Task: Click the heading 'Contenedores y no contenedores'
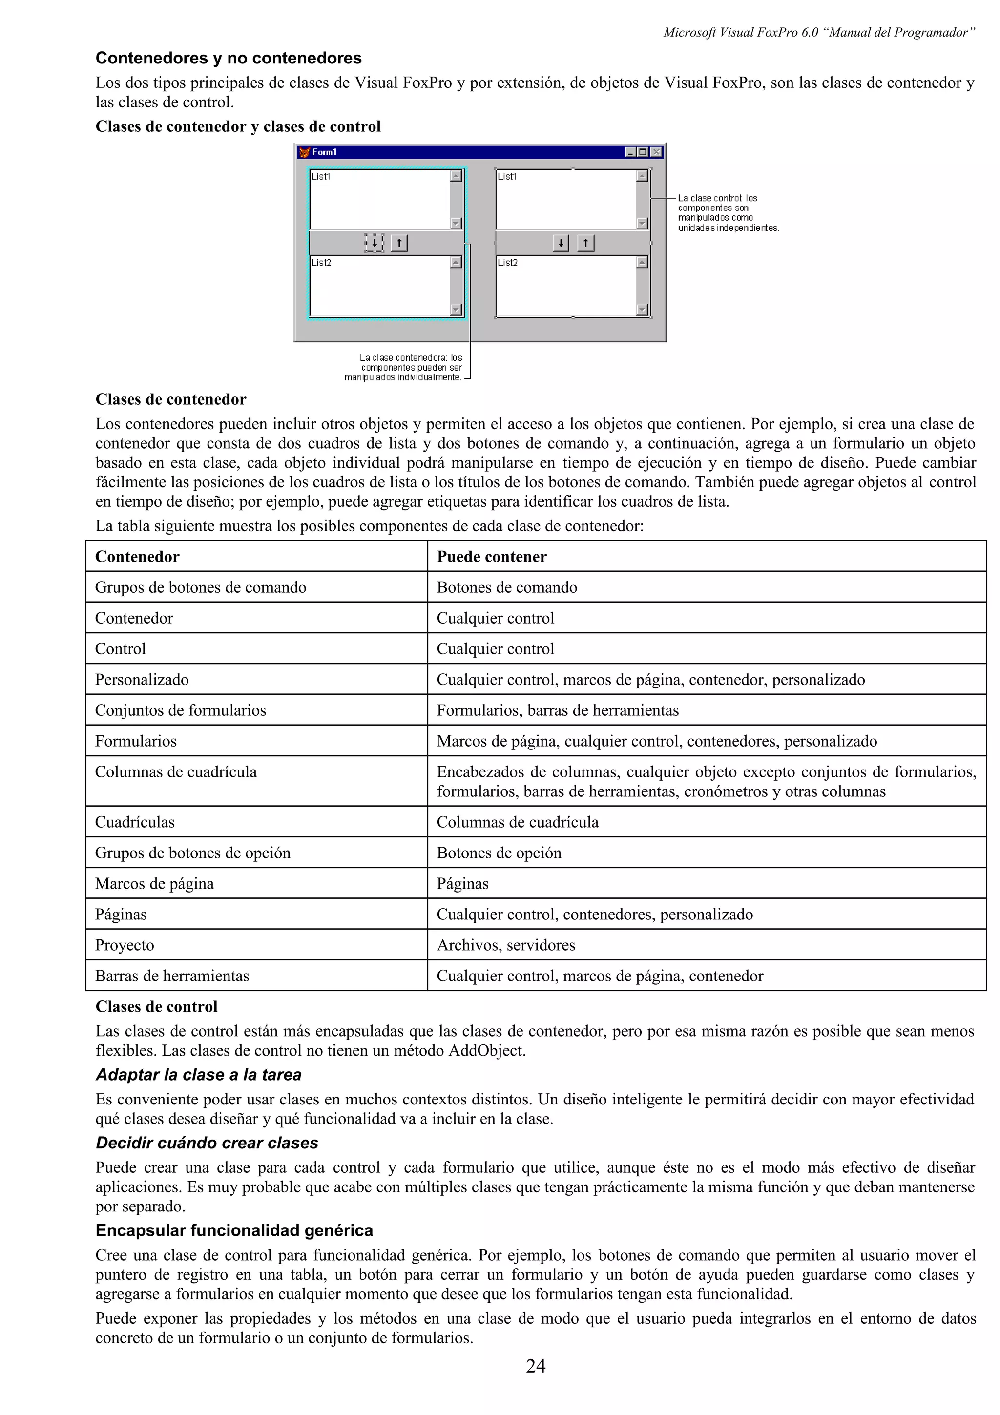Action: point(229,58)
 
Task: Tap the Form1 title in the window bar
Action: point(324,152)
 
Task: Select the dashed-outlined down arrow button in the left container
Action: point(374,243)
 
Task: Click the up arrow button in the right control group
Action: point(585,243)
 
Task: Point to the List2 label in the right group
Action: point(508,263)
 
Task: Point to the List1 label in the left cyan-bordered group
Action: point(321,176)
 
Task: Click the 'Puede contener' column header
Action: point(491,557)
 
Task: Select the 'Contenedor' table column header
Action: point(137,557)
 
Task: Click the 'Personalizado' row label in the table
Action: point(142,679)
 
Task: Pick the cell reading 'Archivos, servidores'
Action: point(505,945)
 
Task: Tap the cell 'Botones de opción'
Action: point(499,853)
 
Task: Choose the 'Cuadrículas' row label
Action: point(134,822)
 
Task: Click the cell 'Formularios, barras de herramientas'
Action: point(557,710)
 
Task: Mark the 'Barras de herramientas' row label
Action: point(172,976)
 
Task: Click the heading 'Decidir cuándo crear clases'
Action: point(207,1143)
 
